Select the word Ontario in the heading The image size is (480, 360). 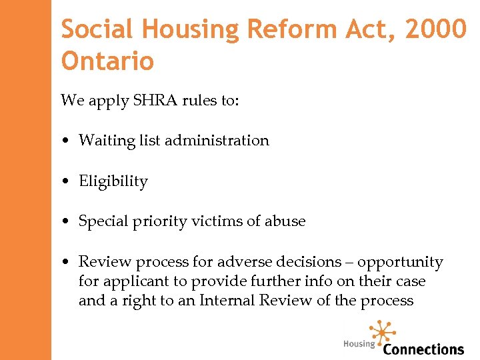click(107, 62)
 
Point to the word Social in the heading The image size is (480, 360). click(97, 29)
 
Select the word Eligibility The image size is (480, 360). click(113, 181)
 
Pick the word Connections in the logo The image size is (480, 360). click(423, 349)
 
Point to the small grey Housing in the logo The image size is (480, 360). click(359, 344)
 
